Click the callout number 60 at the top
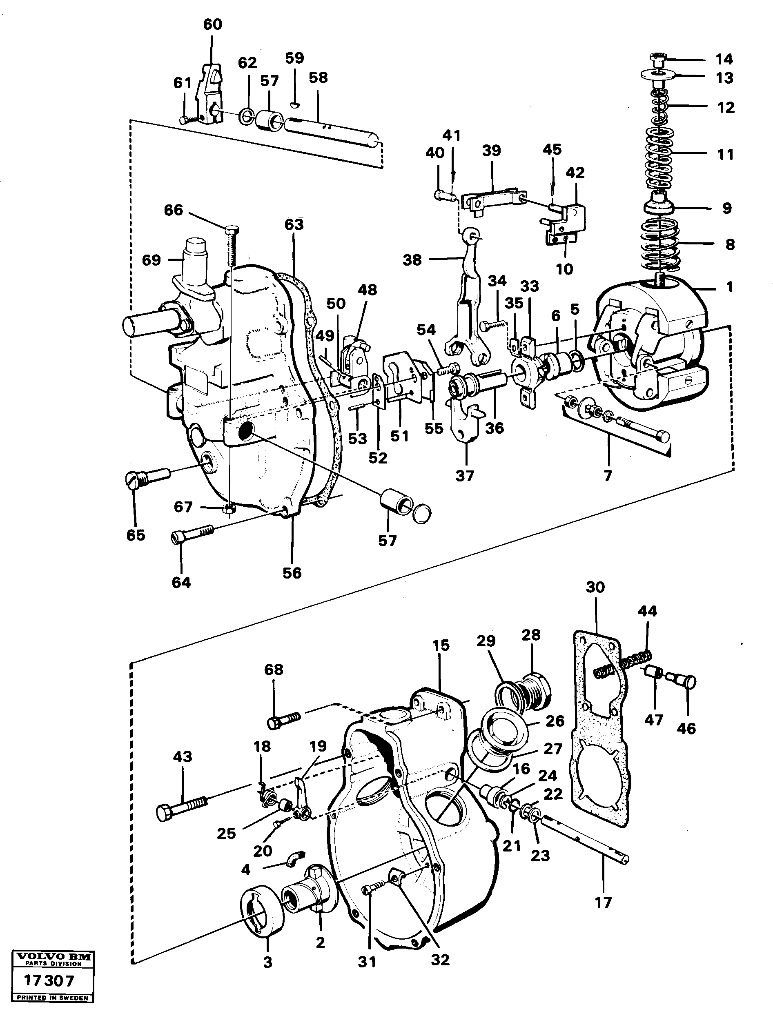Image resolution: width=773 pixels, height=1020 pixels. (x=213, y=24)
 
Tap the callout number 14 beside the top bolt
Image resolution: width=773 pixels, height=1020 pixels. (x=724, y=59)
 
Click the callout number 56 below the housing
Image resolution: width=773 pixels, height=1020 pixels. (x=292, y=573)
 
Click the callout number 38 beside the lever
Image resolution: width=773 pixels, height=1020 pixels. (x=412, y=260)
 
